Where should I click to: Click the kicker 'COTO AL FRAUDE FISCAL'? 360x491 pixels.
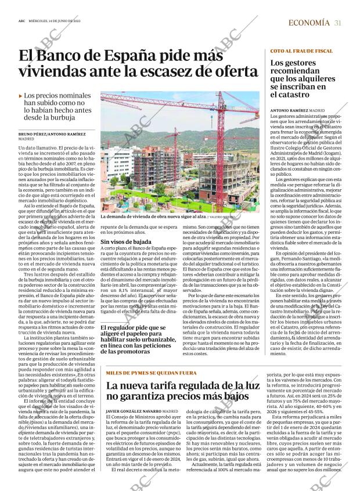coord(301,51)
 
